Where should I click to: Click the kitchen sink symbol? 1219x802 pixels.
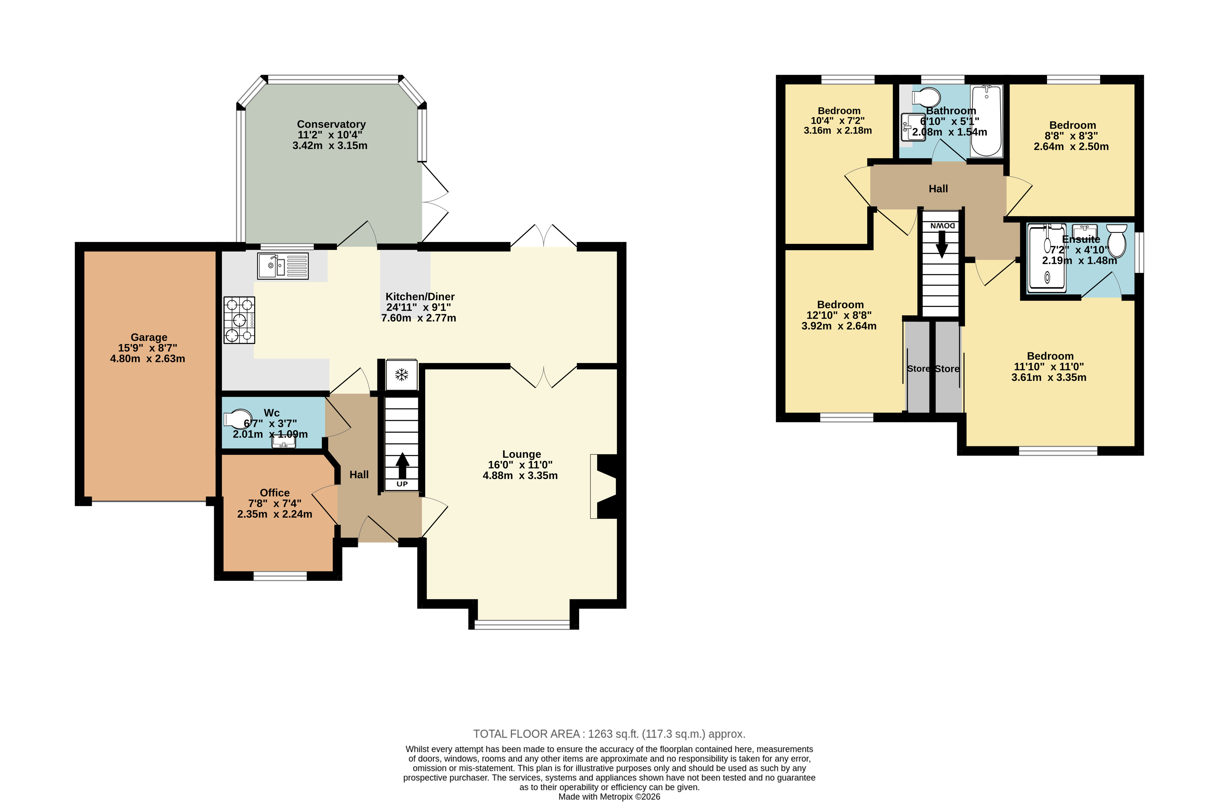pyautogui.click(x=283, y=266)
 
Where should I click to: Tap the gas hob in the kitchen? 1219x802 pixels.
pyautogui.click(x=239, y=320)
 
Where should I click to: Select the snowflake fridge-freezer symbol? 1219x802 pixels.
pyautogui.click(x=401, y=375)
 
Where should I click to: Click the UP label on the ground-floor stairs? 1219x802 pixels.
pyautogui.click(x=402, y=484)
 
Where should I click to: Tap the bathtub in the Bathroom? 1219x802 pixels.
pyautogui.click(x=986, y=121)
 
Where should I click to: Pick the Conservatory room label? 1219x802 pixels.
pyautogui.click(x=331, y=124)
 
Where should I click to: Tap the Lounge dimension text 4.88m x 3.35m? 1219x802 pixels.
pyautogui.click(x=520, y=475)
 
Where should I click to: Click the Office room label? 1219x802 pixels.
pyautogui.click(x=275, y=493)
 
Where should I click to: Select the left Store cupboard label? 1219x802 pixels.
pyautogui.click(x=918, y=369)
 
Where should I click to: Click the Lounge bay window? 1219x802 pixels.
pyautogui.click(x=522, y=624)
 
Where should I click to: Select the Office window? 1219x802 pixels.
pyautogui.click(x=280, y=576)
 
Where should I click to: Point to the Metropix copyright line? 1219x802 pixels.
pyautogui.click(x=610, y=797)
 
